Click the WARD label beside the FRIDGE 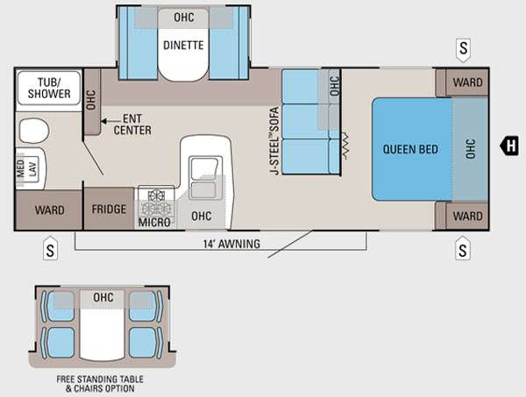48,210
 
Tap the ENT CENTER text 132,125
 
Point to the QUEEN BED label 410,148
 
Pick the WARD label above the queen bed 466,82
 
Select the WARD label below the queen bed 466,216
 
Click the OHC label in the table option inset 103,298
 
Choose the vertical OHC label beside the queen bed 470,148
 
